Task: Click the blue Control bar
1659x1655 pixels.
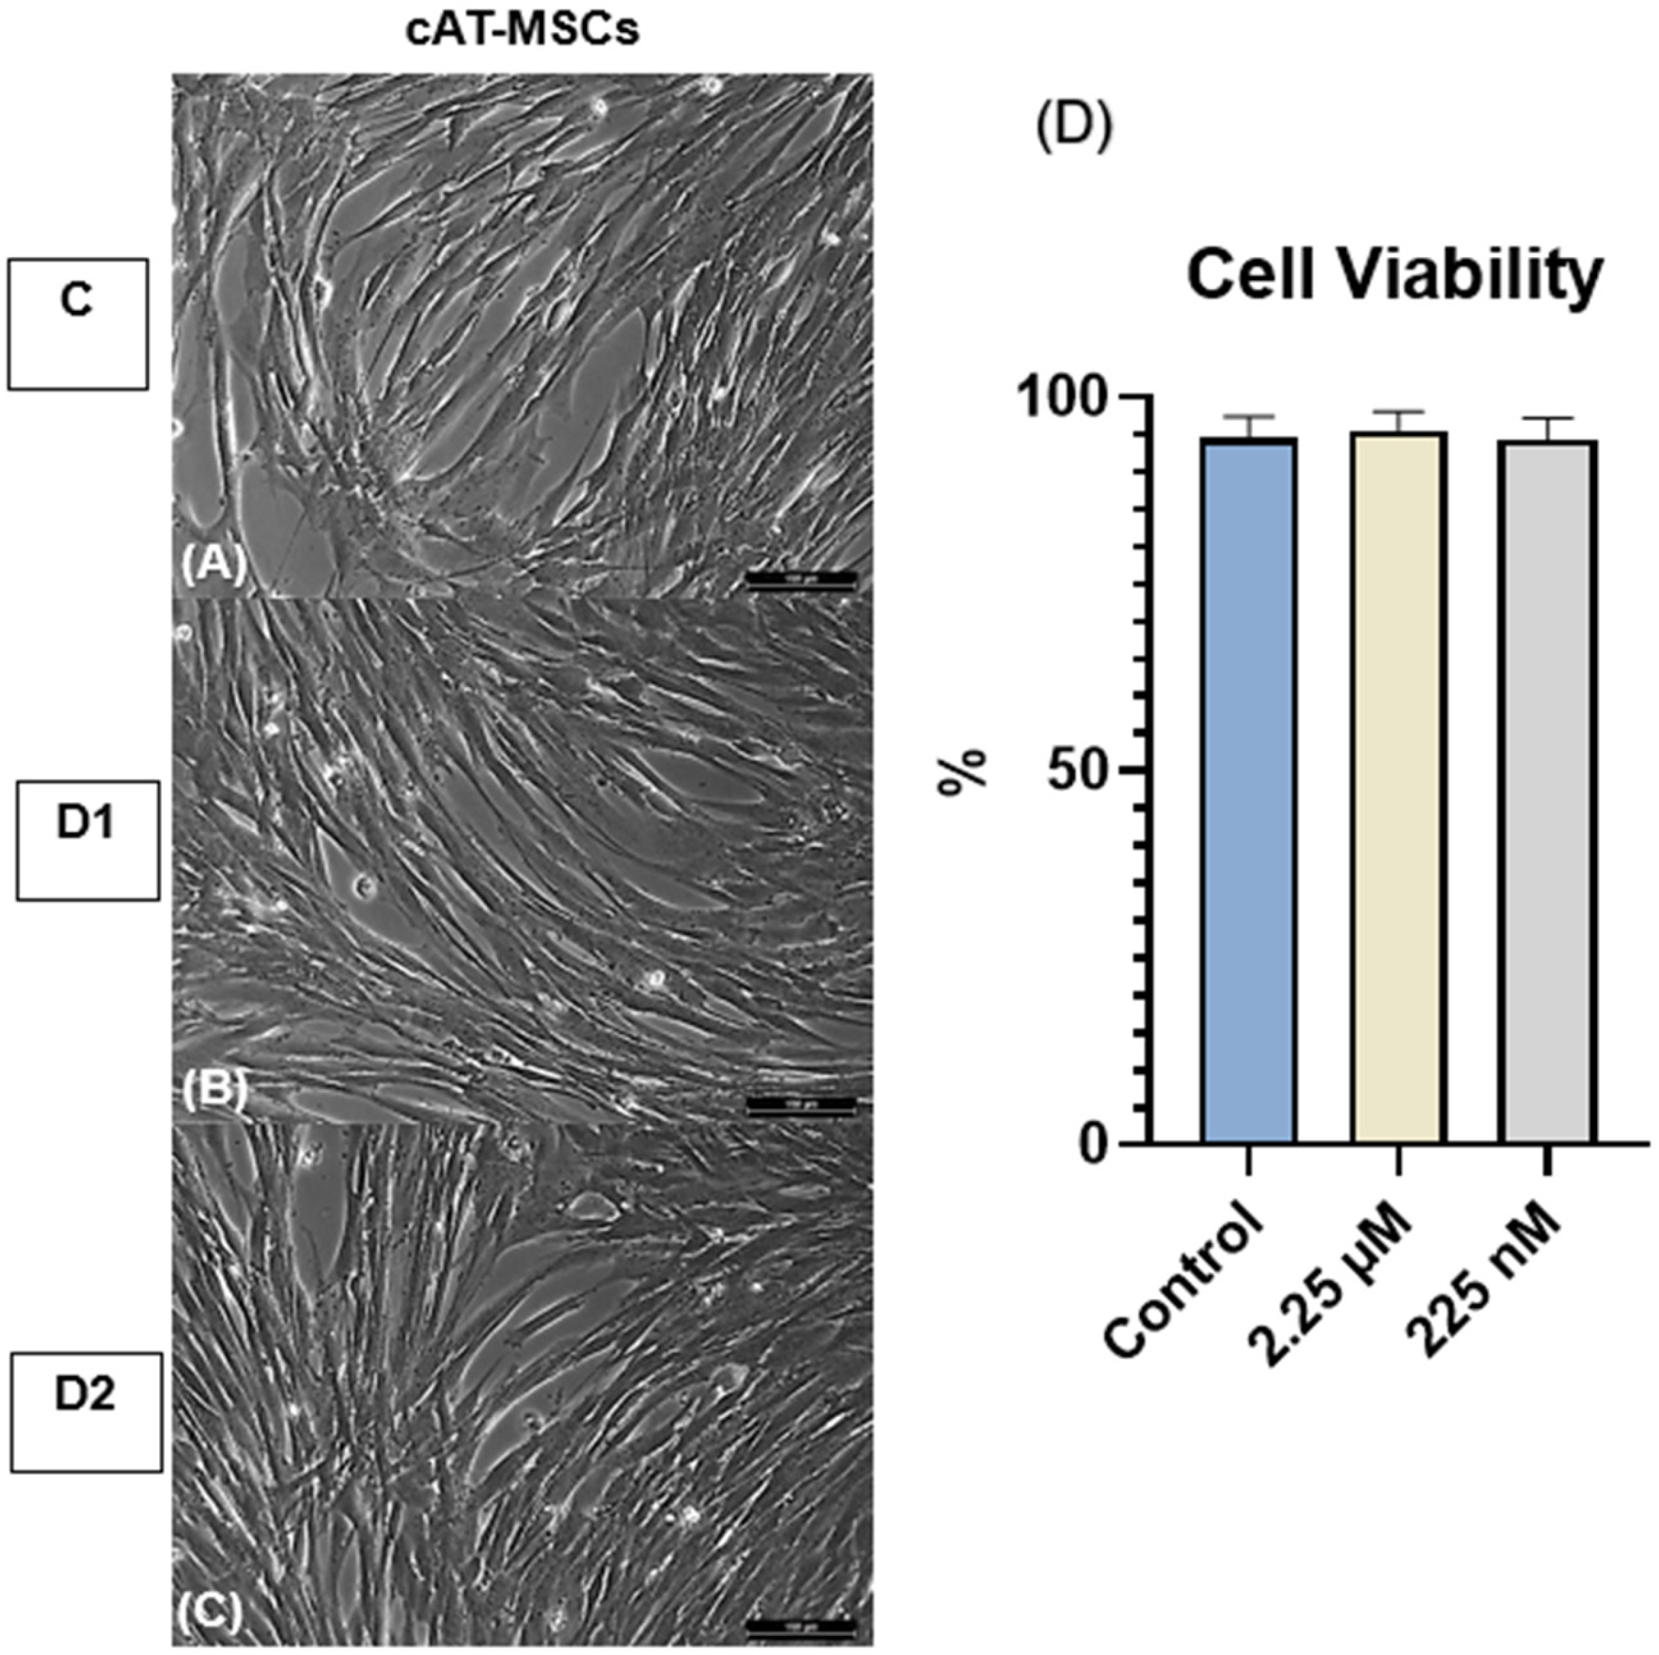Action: [x=1249, y=790]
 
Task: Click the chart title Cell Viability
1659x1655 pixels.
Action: [x=1394, y=275]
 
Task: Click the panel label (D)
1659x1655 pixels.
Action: [x=1074, y=127]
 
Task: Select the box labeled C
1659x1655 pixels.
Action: [x=78, y=324]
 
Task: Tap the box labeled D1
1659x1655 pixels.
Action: [x=87, y=840]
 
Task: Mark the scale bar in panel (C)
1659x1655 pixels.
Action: [x=801, y=1626]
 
